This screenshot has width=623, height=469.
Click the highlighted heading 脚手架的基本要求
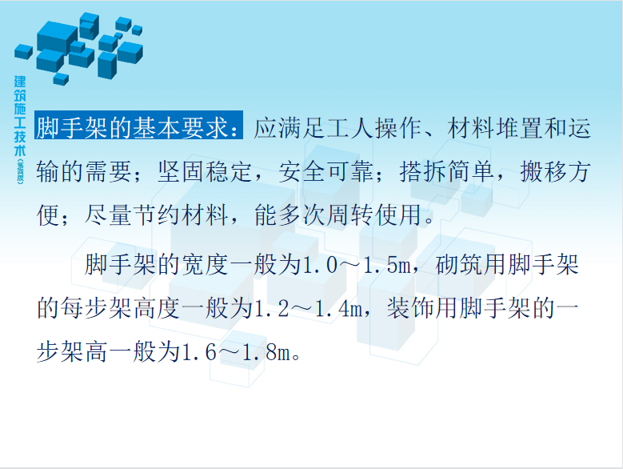(138, 127)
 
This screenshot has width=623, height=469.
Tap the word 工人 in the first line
(350, 128)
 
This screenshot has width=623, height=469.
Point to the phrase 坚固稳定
(205, 172)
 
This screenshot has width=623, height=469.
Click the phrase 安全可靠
(325, 172)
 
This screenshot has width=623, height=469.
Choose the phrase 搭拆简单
(446, 172)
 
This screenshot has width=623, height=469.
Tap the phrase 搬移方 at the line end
(555, 172)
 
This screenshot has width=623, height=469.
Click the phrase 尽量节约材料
(156, 215)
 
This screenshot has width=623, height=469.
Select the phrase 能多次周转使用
(337, 215)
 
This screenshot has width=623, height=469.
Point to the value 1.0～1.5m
(357, 265)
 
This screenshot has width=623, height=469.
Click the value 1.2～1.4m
(308, 309)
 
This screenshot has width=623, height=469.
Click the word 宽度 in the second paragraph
(205, 265)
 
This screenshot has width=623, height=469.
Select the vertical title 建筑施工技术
(20, 116)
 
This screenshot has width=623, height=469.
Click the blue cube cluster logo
(78, 48)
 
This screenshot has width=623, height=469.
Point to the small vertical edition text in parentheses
(20, 172)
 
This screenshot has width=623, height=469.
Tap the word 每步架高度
(120, 308)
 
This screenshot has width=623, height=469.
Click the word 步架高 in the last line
(72, 352)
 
